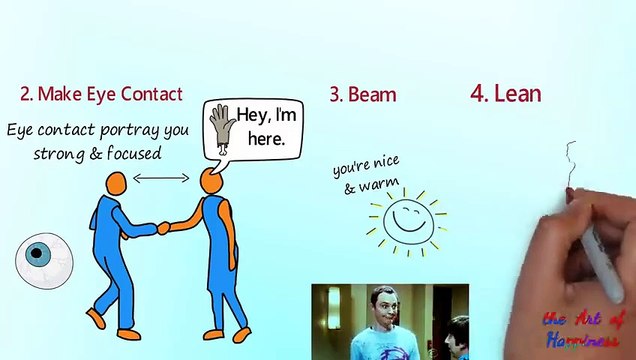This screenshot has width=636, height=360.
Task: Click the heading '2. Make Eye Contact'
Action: pos(101,94)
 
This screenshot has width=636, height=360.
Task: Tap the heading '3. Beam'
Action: pos(362,95)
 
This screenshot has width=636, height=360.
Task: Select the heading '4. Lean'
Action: pos(505,93)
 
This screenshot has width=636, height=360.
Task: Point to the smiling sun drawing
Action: pos(407,220)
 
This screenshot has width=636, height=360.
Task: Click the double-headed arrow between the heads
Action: pos(161,178)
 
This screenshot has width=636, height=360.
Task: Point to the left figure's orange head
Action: pos(117,183)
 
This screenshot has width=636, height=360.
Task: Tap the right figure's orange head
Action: pos(210,181)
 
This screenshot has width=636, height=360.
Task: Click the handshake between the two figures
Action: pos(163,228)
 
